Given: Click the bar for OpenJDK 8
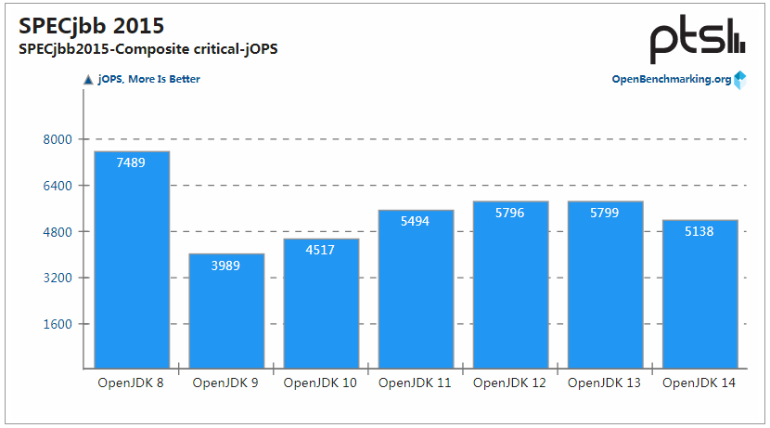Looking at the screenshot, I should pyautogui.click(x=132, y=260).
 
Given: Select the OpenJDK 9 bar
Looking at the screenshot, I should pyautogui.click(x=226, y=311).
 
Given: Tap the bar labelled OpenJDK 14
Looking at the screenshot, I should pyautogui.click(x=699, y=294).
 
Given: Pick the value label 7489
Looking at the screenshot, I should pyautogui.click(x=132, y=162).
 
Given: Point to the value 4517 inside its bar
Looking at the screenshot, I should pyautogui.click(x=321, y=250).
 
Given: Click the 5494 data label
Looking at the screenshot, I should pyautogui.click(x=416, y=222).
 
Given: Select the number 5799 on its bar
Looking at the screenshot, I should pyautogui.click(x=605, y=213).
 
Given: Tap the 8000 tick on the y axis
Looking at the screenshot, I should pyautogui.click(x=58, y=139).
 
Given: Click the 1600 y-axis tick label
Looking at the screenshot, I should pyautogui.click(x=58, y=324).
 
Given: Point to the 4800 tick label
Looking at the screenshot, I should pyautogui.click(x=58, y=231).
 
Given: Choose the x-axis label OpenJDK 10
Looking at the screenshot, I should pyautogui.click(x=321, y=383).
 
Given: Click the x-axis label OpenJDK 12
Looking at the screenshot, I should pyautogui.click(x=510, y=383).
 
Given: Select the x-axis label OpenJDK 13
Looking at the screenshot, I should pyautogui.click(x=605, y=383).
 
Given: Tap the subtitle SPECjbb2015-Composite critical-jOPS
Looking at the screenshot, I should pyautogui.click(x=148, y=49).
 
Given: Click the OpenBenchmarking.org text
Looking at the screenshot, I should pyautogui.click(x=671, y=79).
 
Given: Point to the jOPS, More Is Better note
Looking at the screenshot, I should pyautogui.click(x=149, y=79).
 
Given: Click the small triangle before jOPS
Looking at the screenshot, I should pyautogui.click(x=88, y=79).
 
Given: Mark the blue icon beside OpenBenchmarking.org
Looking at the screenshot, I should pyautogui.click(x=739, y=80).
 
